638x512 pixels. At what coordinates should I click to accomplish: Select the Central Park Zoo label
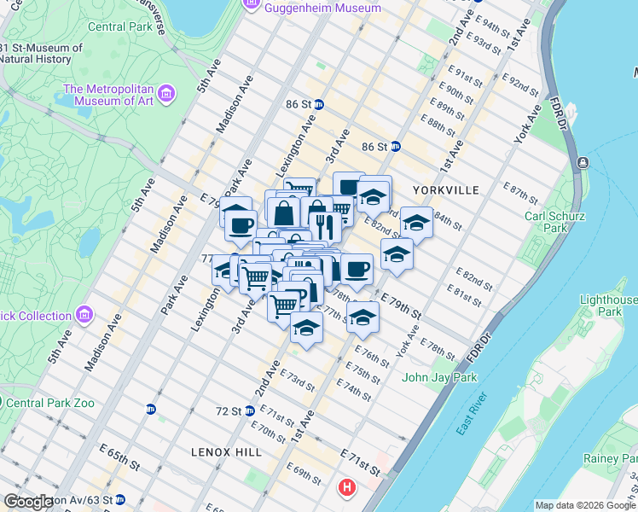point(51,403)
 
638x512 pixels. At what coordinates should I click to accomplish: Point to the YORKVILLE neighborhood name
point(447,190)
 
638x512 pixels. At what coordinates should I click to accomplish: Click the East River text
point(470,413)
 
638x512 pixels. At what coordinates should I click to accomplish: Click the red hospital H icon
point(347,489)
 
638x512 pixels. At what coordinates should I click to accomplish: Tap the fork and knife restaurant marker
point(323,225)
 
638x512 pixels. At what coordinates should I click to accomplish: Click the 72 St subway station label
point(229,410)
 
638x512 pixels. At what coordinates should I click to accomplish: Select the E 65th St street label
point(119,466)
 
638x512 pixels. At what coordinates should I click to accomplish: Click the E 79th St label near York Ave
point(401,306)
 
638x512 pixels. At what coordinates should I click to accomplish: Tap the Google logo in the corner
point(30,501)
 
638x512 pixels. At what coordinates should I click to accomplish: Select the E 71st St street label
point(359,462)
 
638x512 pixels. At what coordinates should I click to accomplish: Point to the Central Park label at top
point(119,26)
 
